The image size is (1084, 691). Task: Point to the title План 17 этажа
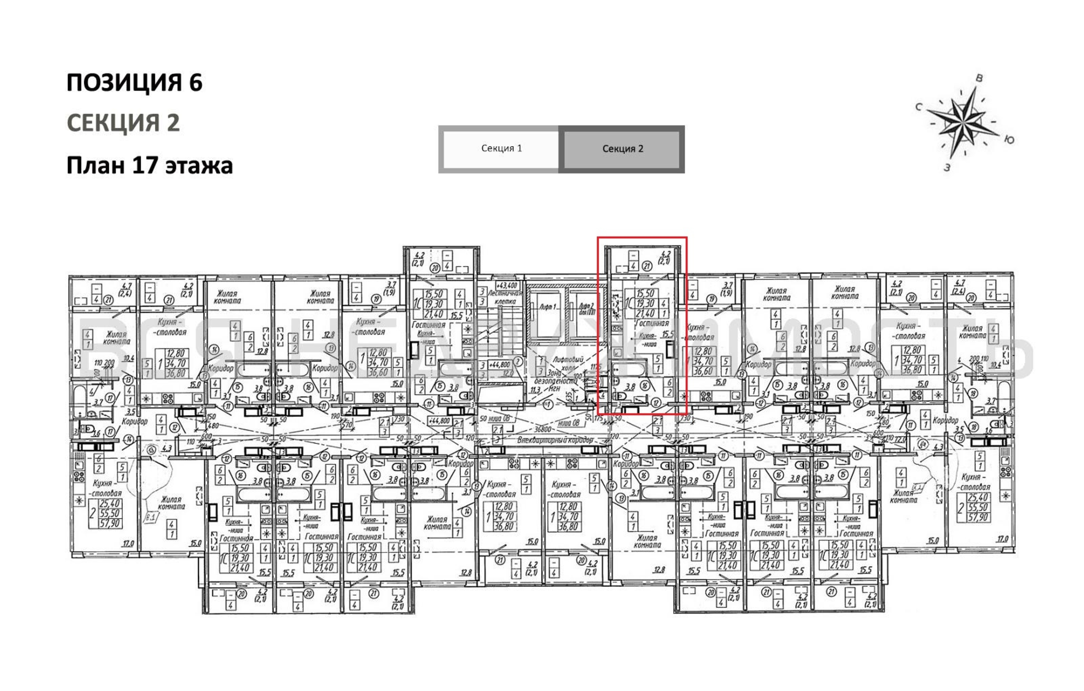coord(150,165)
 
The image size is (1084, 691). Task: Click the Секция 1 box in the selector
coord(501,149)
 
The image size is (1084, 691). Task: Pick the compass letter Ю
coord(1009,140)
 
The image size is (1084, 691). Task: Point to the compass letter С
coord(919,107)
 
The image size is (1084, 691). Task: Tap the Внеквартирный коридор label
coord(555,440)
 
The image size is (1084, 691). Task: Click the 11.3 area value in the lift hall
coord(535,390)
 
